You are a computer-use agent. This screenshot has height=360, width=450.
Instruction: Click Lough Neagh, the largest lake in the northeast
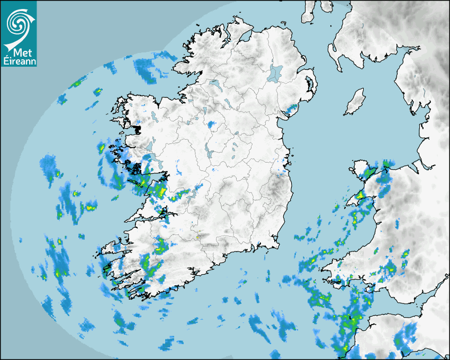275,73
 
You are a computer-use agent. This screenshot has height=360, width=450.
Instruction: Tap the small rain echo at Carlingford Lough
291,110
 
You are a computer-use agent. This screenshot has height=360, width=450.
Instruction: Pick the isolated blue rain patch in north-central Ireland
212,125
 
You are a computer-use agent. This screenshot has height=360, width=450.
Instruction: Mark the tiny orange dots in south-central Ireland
197,237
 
